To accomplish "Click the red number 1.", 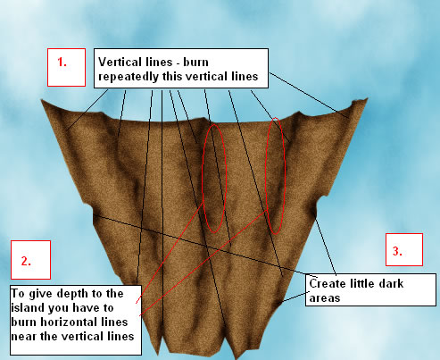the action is click(62, 62).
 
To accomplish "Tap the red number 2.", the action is click(26, 261).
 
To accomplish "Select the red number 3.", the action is click(397, 251).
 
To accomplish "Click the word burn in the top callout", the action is click(195, 62).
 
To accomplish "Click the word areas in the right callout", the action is click(325, 298).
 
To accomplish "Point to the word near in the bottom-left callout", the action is click(22, 337).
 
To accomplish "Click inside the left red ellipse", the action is click(214, 179).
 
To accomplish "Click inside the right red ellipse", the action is click(275, 176).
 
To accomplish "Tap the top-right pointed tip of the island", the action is click(368, 98).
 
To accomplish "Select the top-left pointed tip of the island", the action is click(41, 99).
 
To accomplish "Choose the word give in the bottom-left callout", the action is click(41, 294).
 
